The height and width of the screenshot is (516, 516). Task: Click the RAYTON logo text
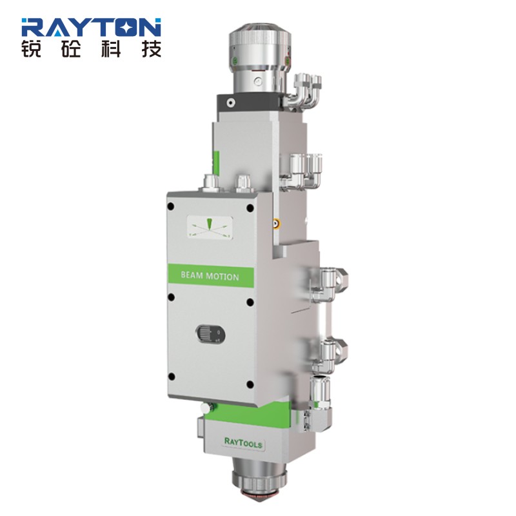pyautogui.click(x=91, y=27)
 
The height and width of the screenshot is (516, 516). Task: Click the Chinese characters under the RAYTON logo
pyautogui.click(x=91, y=49)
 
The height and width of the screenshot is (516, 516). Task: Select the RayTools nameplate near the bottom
pyautogui.click(x=243, y=442)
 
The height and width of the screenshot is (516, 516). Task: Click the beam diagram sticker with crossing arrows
pyautogui.click(x=210, y=227)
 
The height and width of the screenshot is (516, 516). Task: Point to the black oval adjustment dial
pyautogui.click(x=210, y=334)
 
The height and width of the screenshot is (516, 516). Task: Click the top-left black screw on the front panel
pyautogui.click(x=171, y=206)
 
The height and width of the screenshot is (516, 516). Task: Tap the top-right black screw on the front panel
pyautogui.click(x=250, y=208)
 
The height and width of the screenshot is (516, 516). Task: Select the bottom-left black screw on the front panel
pyautogui.click(x=171, y=377)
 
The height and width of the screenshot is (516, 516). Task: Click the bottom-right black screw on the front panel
pyautogui.click(x=250, y=384)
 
